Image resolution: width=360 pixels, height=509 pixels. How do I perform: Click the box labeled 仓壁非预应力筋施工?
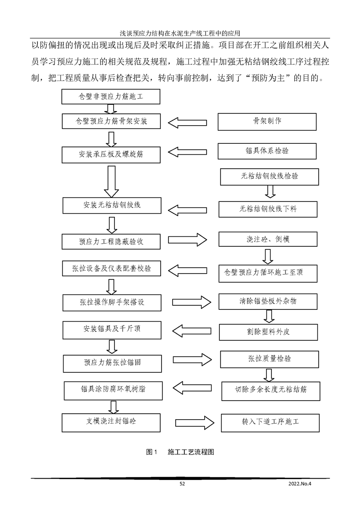[x=111, y=96]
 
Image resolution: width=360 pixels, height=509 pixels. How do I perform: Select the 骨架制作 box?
[x=267, y=121]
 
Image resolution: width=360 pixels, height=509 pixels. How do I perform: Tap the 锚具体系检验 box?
[x=267, y=151]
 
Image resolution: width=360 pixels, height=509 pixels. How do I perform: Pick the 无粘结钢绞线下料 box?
[x=268, y=209]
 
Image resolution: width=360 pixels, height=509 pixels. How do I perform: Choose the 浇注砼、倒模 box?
[x=268, y=239]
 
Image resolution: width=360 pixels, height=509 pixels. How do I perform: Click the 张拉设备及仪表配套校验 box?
[x=112, y=269]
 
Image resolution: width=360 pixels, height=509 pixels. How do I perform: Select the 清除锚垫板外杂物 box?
[x=268, y=301]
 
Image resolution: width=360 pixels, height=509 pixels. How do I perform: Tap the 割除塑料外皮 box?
[x=268, y=331]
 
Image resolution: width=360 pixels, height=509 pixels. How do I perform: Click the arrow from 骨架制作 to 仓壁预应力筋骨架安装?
[x=188, y=122]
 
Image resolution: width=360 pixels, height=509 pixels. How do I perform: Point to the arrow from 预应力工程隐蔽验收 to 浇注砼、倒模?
[x=187, y=240]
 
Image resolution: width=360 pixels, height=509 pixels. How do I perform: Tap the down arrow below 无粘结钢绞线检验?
[x=269, y=192]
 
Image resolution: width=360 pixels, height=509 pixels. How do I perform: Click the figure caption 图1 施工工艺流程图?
[x=180, y=452]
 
